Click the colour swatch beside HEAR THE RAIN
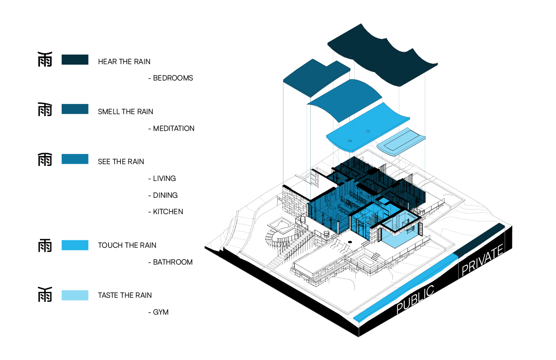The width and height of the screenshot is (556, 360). pos(75,60)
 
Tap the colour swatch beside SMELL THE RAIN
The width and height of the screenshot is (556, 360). pos(75,109)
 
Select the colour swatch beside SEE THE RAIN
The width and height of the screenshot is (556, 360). pos(75,159)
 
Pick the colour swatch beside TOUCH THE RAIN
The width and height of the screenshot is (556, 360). pos(75,245)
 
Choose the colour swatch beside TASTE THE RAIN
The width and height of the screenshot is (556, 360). pos(75,295)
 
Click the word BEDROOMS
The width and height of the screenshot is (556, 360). pos(173,78)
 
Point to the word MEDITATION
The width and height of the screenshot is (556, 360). pos(174,129)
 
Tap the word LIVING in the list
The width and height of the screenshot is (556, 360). pos(164,179)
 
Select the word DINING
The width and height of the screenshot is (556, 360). pos(165,195)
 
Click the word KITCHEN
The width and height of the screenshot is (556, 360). pos(168,212)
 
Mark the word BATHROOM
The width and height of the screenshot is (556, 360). pos(173,262)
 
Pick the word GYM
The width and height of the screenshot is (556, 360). pos(161,312)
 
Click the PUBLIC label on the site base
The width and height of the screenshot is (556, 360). pos(415,299)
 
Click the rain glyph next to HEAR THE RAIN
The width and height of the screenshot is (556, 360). pos(45,59)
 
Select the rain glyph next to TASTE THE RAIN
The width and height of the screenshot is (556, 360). pos(45,295)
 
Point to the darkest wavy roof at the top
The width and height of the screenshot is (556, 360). pos(382,55)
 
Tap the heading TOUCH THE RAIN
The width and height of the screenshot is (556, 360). pos(127,245)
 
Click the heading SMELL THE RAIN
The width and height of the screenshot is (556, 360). pos(126,112)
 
